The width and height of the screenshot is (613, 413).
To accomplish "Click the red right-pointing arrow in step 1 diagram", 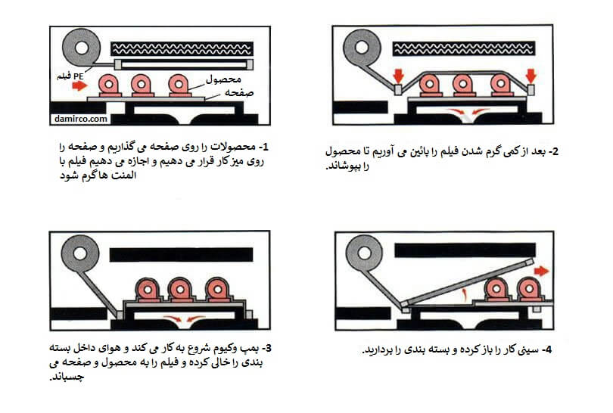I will pos(77,87).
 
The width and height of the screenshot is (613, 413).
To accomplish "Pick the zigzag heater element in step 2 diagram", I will pos(463,48).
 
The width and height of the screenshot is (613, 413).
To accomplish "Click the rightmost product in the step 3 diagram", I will pos(216,290).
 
